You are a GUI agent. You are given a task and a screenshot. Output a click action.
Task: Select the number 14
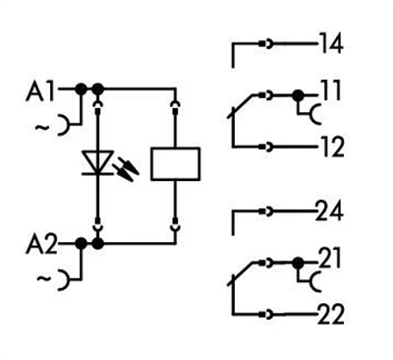332,44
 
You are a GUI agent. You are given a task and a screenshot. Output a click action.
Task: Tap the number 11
330,95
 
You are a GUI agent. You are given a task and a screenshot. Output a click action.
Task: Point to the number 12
332,148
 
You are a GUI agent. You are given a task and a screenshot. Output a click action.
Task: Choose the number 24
332,211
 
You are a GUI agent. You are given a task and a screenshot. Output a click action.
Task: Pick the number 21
330,261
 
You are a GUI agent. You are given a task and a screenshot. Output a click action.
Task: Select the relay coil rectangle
176,161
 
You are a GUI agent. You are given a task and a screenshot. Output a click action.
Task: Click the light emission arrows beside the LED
127,168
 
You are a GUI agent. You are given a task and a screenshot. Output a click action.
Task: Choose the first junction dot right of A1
81,90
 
